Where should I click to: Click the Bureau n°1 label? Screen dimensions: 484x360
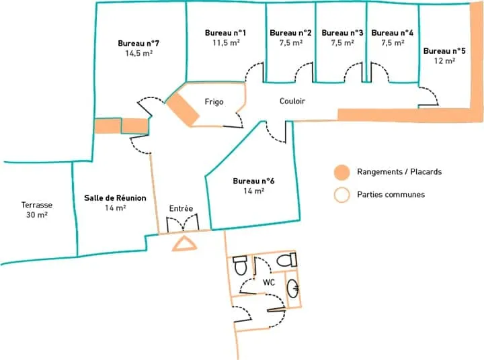[225, 33]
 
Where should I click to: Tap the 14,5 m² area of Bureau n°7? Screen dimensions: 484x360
[139, 53]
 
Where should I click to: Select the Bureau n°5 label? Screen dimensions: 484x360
[444, 51]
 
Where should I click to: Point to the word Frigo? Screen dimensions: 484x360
[214, 102]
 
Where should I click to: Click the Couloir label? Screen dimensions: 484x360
[292, 101]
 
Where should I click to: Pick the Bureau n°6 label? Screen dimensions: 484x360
[253, 181]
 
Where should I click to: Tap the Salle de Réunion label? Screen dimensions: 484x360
[115, 197]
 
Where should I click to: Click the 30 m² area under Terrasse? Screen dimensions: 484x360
[37, 215]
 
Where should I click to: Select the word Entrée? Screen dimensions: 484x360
[181, 208]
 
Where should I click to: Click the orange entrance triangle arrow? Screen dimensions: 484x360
[184, 244]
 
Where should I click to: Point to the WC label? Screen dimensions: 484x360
[268, 282]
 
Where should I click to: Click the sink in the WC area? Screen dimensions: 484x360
[293, 288]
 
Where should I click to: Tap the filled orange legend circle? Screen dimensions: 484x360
[341, 172]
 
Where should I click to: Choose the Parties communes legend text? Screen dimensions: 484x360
[391, 194]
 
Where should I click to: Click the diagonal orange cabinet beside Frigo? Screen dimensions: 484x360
[183, 109]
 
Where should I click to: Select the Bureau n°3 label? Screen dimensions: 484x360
[342, 33]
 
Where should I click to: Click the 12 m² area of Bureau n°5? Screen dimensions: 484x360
[444, 60]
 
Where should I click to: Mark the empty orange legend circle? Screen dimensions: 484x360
[341, 195]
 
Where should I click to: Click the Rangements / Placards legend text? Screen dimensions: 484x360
[399, 171]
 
